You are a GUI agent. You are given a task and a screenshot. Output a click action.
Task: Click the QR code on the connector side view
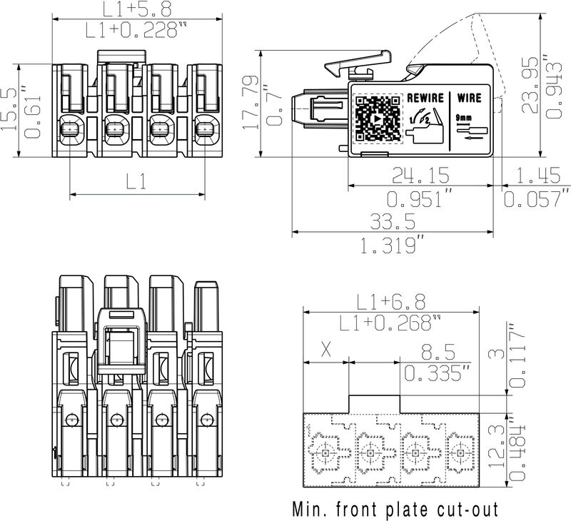tap(378, 118)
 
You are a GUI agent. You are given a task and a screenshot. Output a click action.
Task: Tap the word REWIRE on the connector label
tap(425, 98)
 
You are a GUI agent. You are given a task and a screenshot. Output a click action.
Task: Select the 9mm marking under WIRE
tap(463, 118)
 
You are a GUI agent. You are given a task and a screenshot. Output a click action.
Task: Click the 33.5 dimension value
tap(393, 221)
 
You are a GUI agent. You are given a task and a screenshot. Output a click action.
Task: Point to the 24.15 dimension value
tap(421, 175)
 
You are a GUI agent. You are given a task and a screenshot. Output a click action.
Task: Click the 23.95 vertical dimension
tap(530, 85)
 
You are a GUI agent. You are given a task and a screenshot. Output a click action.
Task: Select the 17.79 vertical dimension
tap(251, 103)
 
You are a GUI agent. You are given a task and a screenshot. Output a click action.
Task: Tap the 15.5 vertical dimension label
tap(9, 109)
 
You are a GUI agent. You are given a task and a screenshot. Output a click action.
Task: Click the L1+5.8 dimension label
tap(137, 9)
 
